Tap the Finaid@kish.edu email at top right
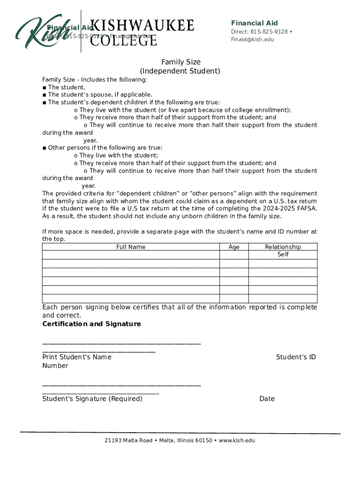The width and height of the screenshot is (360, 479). pyautogui.click(x=252, y=39)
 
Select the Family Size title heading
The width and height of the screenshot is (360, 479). pyautogui.click(x=180, y=62)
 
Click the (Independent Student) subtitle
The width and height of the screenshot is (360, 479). pyautogui.click(x=180, y=71)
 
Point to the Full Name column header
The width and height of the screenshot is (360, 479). pyautogui.click(x=131, y=247)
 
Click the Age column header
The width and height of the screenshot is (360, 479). pyautogui.click(x=234, y=247)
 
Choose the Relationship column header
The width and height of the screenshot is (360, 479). pyautogui.click(x=282, y=247)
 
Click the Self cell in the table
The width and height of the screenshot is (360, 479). pyautogui.click(x=282, y=254)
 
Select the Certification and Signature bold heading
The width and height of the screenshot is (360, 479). pyautogui.click(x=91, y=324)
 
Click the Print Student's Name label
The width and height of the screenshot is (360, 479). pyautogui.click(x=77, y=357)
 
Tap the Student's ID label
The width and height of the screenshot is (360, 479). pyautogui.click(x=295, y=357)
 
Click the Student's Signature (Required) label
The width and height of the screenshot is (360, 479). pyautogui.click(x=92, y=399)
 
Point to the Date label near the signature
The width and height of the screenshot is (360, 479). pyautogui.click(x=267, y=399)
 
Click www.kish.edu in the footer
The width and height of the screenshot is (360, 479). pyautogui.click(x=237, y=440)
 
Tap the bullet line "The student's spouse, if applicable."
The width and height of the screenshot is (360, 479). pyautogui.click(x=100, y=94)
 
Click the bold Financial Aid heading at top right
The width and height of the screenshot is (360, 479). pyautogui.click(x=254, y=23)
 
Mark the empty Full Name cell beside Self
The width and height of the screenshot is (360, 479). pyautogui.click(x=131, y=254)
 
